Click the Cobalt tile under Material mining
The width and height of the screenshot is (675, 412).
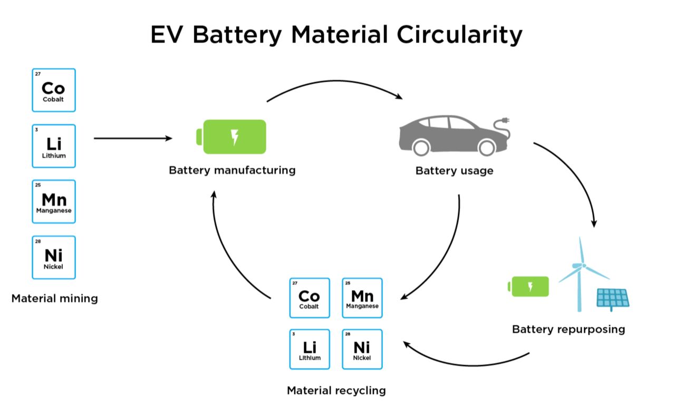54,90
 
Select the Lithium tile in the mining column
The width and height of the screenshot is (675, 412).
54,146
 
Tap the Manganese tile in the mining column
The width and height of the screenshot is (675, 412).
54,201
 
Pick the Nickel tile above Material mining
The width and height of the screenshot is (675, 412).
54,258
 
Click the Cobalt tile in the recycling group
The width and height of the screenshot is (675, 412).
310,298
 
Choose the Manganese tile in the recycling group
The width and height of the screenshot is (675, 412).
362,298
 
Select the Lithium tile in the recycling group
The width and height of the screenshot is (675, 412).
310,349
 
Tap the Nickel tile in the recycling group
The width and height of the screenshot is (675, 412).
362,349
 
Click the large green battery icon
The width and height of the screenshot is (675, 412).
231,137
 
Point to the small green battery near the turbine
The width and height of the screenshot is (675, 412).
528,287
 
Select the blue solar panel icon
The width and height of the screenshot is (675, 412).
613,299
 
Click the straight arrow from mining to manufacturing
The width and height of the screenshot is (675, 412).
133,138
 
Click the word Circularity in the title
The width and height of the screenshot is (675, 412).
459,35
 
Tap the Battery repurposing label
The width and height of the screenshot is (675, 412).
568,329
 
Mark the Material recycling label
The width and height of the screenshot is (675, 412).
336,390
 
